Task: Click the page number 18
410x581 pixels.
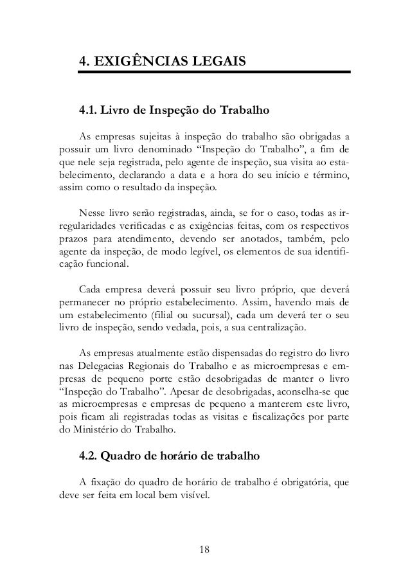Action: coord(205,550)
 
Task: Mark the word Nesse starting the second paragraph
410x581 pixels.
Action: coord(92,213)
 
